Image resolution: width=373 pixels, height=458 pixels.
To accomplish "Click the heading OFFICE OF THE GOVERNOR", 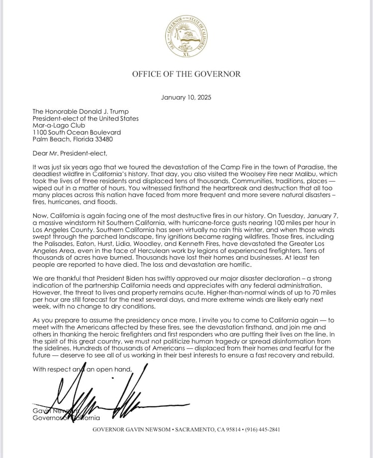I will (x=186, y=74).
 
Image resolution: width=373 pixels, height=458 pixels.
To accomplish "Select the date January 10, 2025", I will (x=186, y=97).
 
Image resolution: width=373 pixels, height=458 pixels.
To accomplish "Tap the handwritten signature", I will (x=99, y=397).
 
